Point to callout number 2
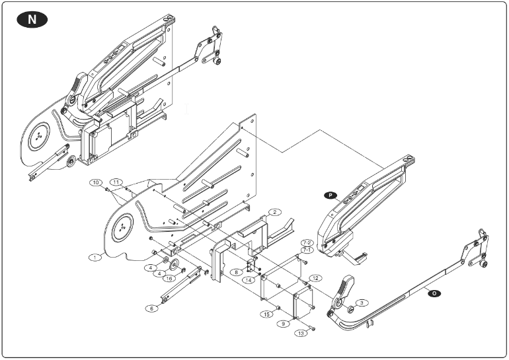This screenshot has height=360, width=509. coord(274,212)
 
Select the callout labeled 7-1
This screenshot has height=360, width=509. coord(307,250)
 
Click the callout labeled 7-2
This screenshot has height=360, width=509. coord(307,242)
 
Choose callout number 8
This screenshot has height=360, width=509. coord(235,271)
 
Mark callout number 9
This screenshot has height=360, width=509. coord(283,324)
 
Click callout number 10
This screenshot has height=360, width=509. coord(96,182)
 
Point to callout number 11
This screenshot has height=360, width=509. coord(117,181)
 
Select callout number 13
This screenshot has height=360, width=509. coord(302,334)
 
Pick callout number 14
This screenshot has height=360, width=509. coord(249,279)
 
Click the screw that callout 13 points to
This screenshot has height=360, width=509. coord(313,328)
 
